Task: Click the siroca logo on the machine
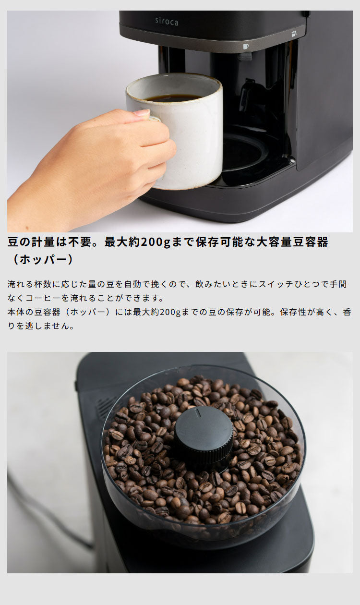(167, 21)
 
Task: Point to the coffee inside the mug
(173, 98)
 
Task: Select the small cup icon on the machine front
(246, 47)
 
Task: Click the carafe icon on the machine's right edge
(294, 34)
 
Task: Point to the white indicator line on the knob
(197, 412)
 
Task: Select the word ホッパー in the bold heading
(43, 260)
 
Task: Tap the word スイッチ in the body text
(274, 284)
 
